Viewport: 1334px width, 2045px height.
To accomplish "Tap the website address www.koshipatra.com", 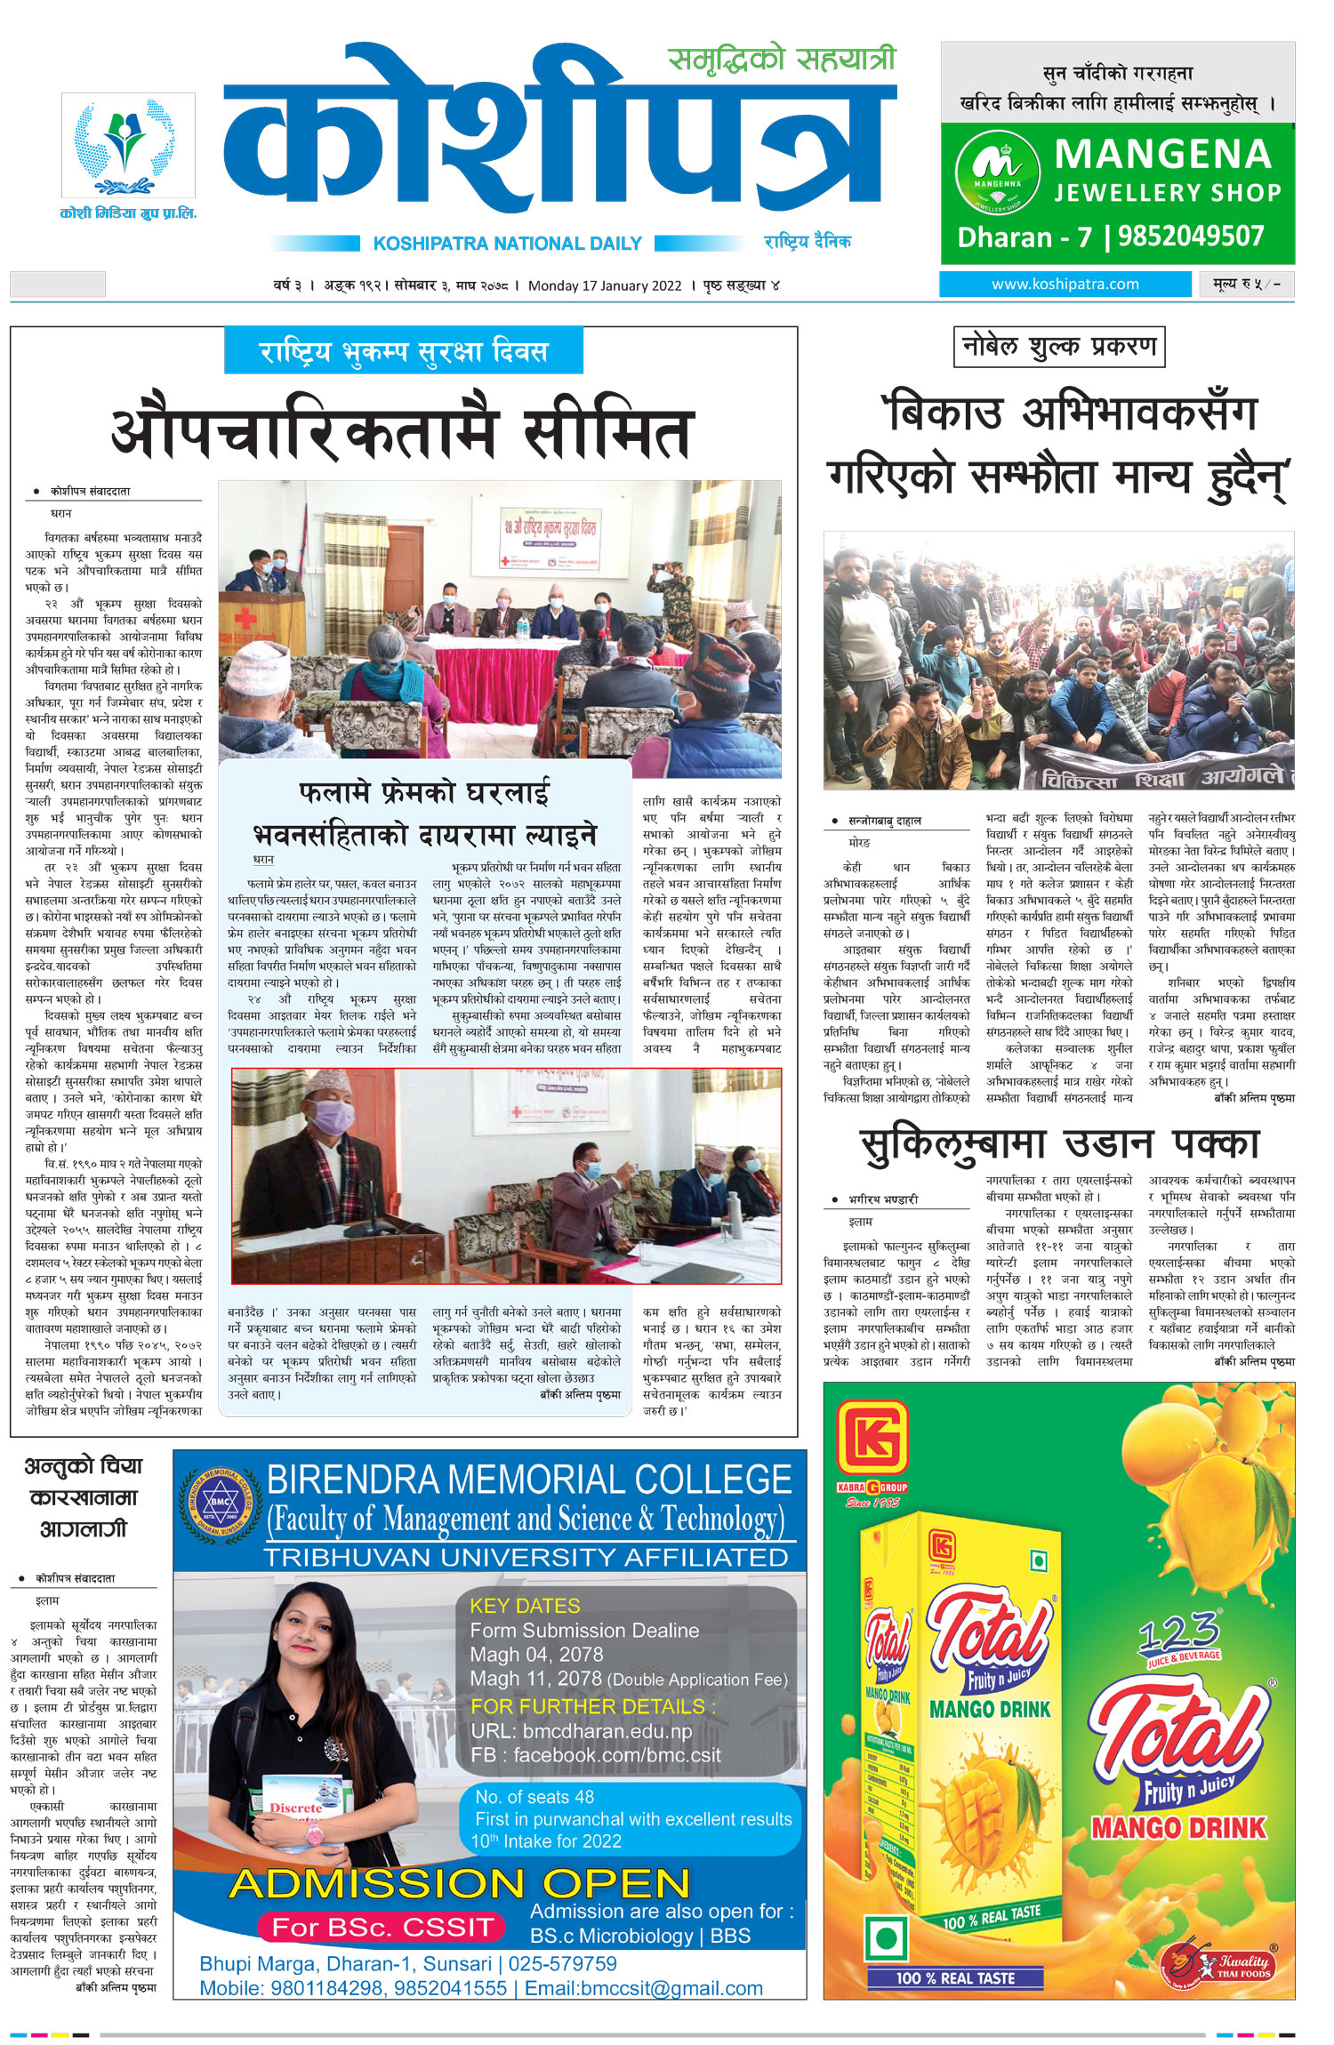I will pyautogui.click(x=1065, y=285).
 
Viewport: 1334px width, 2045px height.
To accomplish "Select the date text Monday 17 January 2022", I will pyautogui.click(x=605, y=286).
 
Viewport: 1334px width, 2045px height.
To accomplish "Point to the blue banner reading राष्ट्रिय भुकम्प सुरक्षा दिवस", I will pyautogui.click(x=404, y=351).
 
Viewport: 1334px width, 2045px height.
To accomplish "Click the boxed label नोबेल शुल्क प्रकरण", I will pyautogui.click(x=1058, y=347).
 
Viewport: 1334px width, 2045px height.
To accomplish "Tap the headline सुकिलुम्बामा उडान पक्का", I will pyautogui.click(x=1058, y=1144).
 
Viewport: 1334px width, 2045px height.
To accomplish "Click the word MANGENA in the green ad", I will pyautogui.click(x=1162, y=155).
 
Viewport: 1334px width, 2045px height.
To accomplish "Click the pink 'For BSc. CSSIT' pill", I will pyautogui.click(x=382, y=1928).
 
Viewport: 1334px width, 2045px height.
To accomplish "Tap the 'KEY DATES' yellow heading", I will pyautogui.click(x=525, y=1607).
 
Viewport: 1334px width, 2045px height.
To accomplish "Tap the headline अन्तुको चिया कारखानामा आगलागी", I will pyautogui.click(x=83, y=1497).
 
